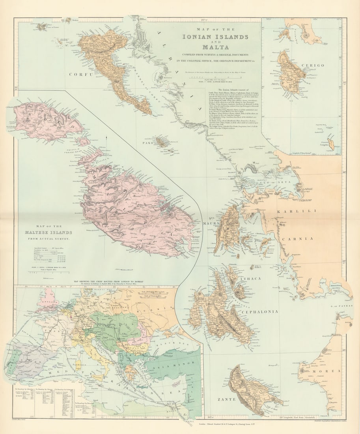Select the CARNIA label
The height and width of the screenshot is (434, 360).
pos(301,238)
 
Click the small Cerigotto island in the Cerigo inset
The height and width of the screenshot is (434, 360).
pos(331,144)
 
